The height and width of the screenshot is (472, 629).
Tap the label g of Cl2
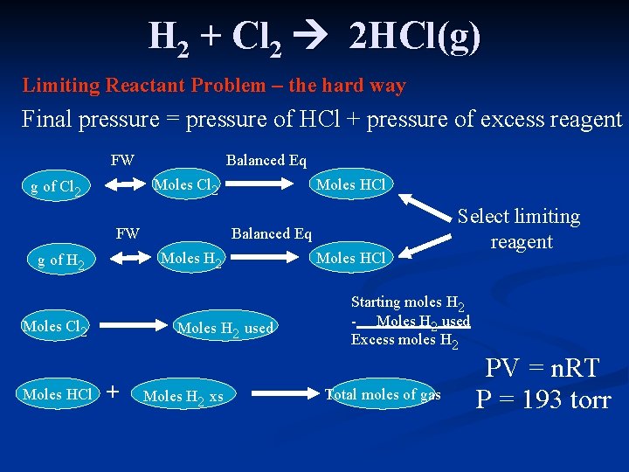pyautogui.click(x=56, y=186)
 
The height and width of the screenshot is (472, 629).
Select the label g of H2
pyautogui.click(x=60, y=260)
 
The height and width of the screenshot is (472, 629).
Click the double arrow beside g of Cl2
pyautogui.click(x=124, y=184)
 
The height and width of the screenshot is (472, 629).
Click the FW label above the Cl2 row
pyautogui.click(x=122, y=160)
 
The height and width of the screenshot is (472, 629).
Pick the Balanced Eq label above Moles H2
pyautogui.click(x=271, y=233)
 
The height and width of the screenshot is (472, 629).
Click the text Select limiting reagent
pyautogui.click(x=521, y=229)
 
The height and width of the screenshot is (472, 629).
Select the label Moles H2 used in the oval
pyautogui.click(x=225, y=329)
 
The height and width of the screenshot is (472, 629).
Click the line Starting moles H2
pyautogui.click(x=407, y=303)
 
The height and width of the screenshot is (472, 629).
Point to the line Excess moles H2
pyautogui.click(x=404, y=341)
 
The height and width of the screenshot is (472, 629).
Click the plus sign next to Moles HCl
pyautogui.click(x=111, y=392)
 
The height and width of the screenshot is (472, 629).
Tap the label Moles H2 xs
pyautogui.click(x=183, y=396)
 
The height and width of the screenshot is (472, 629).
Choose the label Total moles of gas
pyautogui.click(x=383, y=394)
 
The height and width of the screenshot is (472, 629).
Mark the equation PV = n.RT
pyautogui.click(x=543, y=368)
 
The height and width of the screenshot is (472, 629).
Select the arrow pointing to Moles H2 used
pyautogui.click(x=132, y=327)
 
